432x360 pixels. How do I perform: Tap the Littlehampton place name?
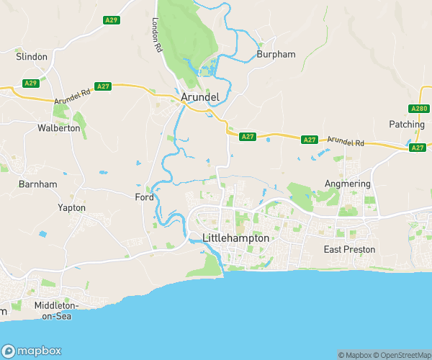pyautogui.click(x=236, y=238)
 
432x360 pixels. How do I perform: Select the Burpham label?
pyautogui.click(x=275, y=54)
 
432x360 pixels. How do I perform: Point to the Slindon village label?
pyautogui.click(x=32, y=56)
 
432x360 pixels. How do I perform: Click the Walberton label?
pyautogui.click(x=59, y=128)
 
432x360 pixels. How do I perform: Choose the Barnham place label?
pyautogui.click(x=39, y=184)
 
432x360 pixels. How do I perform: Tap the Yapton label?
pyautogui.click(x=71, y=208)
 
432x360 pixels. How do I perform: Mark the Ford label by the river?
pyautogui.click(x=144, y=197)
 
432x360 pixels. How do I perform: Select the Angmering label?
pyautogui.click(x=348, y=184)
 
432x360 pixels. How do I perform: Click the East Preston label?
pyautogui.click(x=349, y=249)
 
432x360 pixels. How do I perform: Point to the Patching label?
pyautogui.click(x=407, y=124)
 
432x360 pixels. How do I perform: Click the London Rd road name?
pyautogui.click(x=156, y=35)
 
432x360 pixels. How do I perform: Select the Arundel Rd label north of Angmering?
pyautogui.click(x=346, y=142)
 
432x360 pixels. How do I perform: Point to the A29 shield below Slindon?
pyautogui.click(x=30, y=84)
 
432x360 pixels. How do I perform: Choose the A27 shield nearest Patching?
pyautogui.click(x=418, y=148)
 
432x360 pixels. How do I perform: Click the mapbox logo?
pyautogui.click(x=31, y=347)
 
